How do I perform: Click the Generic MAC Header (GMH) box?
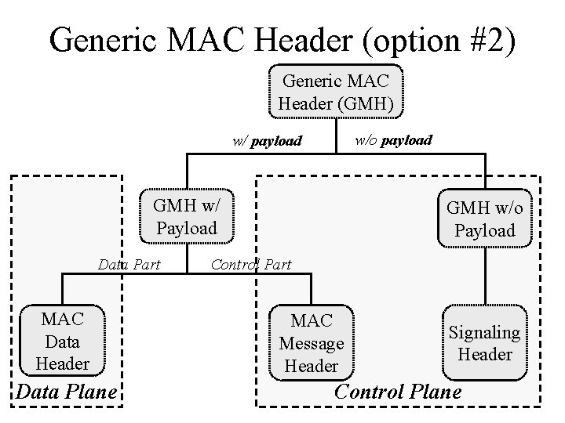pos(336,92)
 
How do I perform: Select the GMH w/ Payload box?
pos(186,217)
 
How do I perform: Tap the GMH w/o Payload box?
pos(485,219)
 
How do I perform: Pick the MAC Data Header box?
pos(62,341)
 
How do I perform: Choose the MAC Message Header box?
pos(312,342)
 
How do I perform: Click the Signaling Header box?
pos(484,342)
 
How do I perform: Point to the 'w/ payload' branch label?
pos(267,142)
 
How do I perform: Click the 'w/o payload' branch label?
pos(393,140)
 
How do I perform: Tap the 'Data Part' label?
pos(129,265)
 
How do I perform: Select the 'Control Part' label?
pos(251,265)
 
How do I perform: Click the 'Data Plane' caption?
pos(67,392)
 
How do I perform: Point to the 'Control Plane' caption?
pos(398,392)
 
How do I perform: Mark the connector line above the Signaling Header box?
pos(485,274)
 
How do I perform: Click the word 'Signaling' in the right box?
pos(484,333)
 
